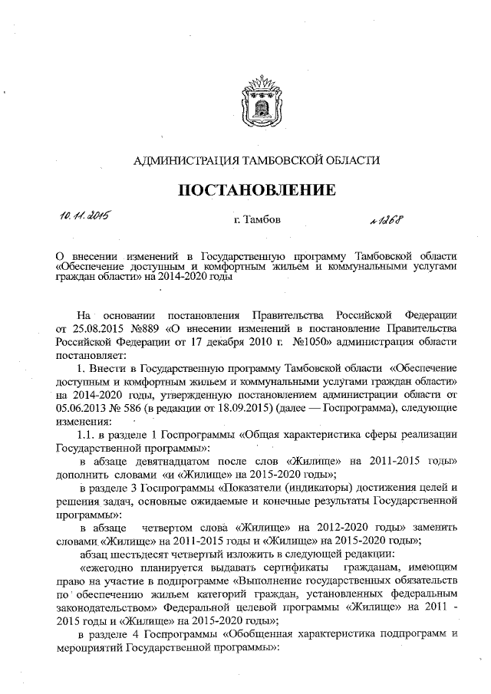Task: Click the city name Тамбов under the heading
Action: pos(257,222)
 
